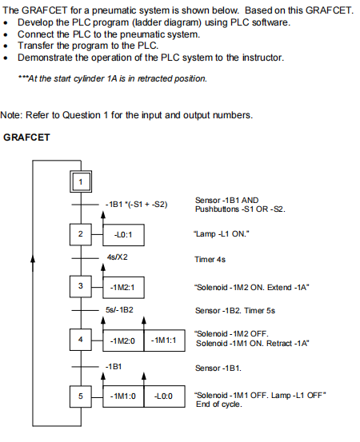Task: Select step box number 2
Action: pyautogui.click(x=79, y=234)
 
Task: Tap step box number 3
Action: pyautogui.click(x=79, y=286)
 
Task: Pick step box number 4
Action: pyautogui.click(x=79, y=340)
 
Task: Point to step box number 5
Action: pyautogui.click(x=79, y=396)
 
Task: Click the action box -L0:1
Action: pyautogui.click(x=123, y=234)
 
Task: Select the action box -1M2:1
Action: pyautogui.click(x=123, y=286)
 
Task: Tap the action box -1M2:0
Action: pyautogui.click(x=123, y=340)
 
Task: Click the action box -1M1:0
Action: pyautogui.click(x=123, y=396)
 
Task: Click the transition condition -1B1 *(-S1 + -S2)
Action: pyautogui.click(x=136, y=205)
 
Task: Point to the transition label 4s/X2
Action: pyautogui.click(x=117, y=258)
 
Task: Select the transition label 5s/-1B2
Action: pyautogui.click(x=119, y=309)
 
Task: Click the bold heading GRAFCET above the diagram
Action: pyautogui.click(x=27, y=137)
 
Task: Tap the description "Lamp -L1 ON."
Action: pyautogui.click(x=221, y=234)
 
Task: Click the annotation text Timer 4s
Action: pyautogui.click(x=210, y=259)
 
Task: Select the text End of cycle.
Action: pyautogui.click(x=218, y=404)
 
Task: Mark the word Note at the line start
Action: pyautogui.click(x=11, y=114)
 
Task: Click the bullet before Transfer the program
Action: pyautogui.click(x=6, y=46)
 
